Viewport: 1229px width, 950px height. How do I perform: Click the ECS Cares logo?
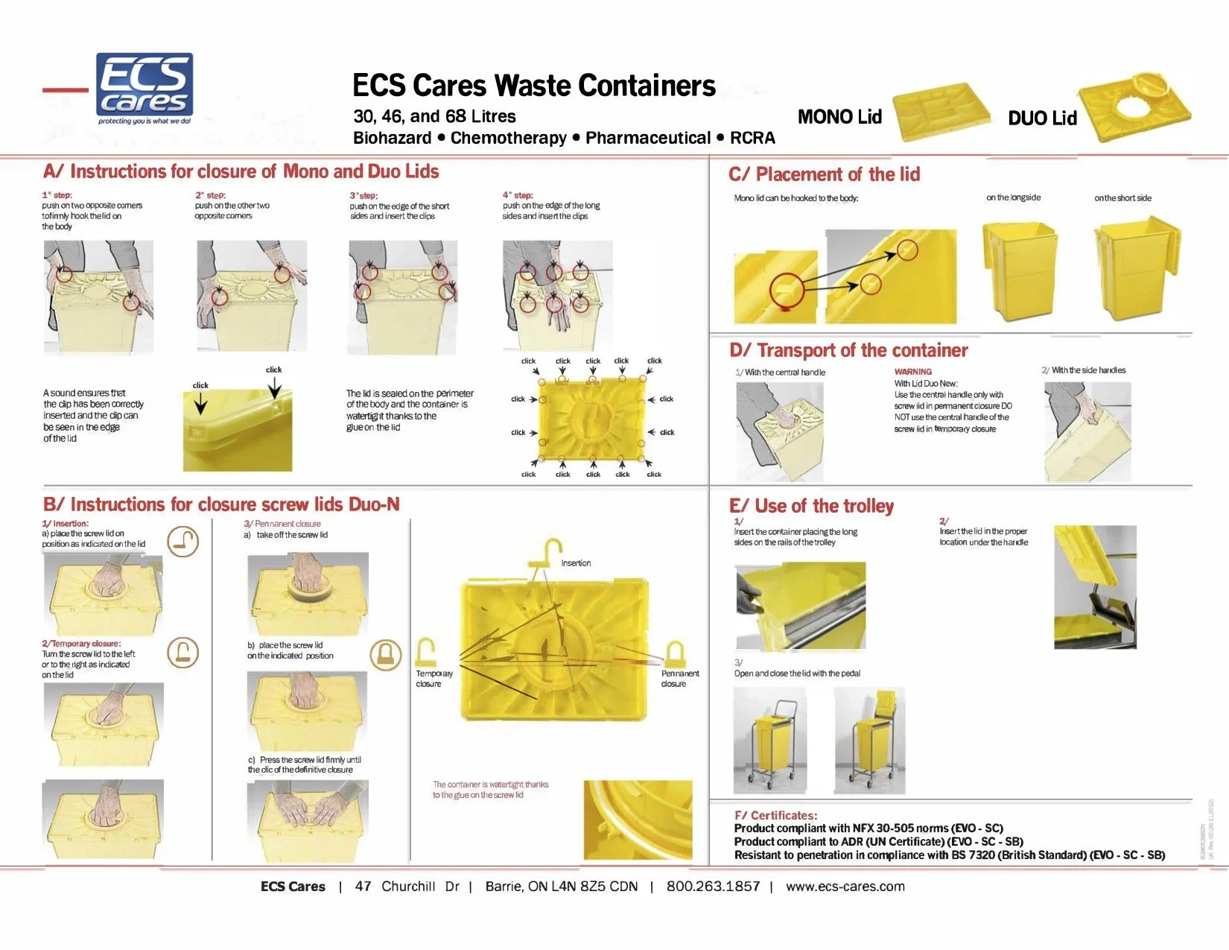click(x=145, y=88)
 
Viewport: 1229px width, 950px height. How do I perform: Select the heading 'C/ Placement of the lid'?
click(x=824, y=174)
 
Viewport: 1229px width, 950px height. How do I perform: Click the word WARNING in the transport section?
click(x=912, y=372)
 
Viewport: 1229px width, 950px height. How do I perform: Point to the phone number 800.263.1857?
click(x=713, y=887)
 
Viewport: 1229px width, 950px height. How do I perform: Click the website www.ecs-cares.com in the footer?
click(x=845, y=887)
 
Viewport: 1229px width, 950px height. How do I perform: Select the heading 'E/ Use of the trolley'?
click(x=811, y=507)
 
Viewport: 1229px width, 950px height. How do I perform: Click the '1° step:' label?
click(x=57, y=195)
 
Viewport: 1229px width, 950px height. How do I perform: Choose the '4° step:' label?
click(x=518, y=195)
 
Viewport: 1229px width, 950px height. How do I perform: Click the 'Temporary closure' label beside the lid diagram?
click(x=434, y=678)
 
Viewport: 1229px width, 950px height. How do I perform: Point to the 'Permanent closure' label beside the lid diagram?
click(x=679, y=678)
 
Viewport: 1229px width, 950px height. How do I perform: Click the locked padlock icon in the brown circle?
click(x=386, y=654)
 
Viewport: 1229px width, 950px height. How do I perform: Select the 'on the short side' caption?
click(x=1122, y=198)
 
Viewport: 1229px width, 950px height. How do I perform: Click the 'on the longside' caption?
click(x=1013, y=197)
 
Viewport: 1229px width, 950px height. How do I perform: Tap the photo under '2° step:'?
click(x=251, y=295)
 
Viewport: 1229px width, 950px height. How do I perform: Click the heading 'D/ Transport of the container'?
click(x=848, y=350)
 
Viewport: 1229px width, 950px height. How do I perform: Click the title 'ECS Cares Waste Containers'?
click(x=533, y=86)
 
